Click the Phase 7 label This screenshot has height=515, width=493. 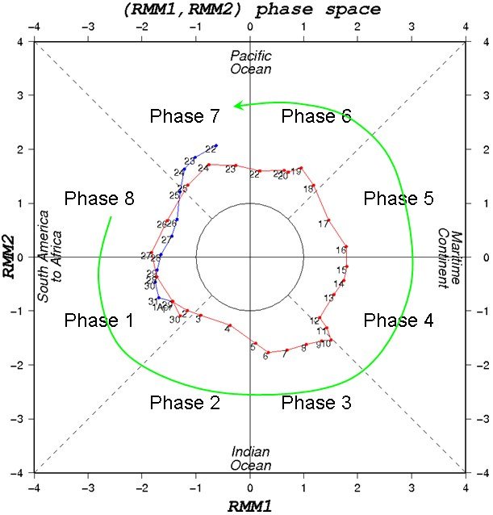[x=185, y=116]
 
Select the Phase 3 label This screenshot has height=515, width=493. [x=315, y=402]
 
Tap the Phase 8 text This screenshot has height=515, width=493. [x=98, y=199]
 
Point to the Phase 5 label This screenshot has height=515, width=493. [x=399, y=199]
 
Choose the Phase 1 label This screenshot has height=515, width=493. [x=98, y=320]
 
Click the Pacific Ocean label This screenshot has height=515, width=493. [x=250, y=62]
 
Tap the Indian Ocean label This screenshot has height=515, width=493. [x=250, y=458]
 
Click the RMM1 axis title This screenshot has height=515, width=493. [x=250, y=505]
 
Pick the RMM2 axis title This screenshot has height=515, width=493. [x=11, y=257]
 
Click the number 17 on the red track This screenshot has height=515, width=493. [x=324, y=224]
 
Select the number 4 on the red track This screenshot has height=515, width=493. [x=228, y=329]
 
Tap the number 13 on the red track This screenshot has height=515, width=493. [x=328, y=298]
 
